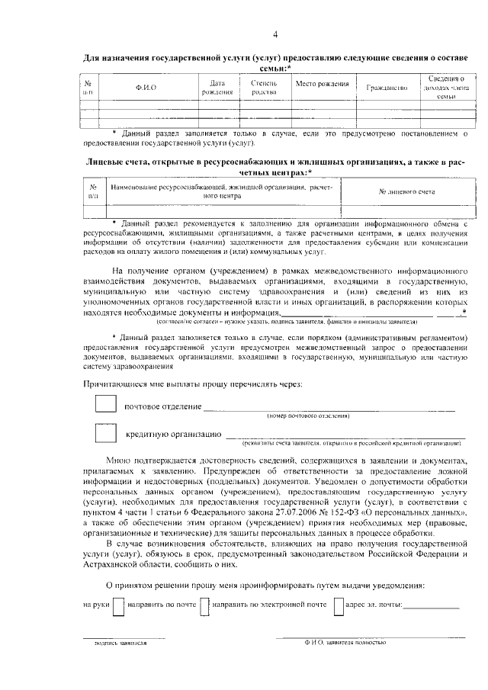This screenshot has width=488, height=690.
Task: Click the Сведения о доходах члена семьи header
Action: (x=446, y=88)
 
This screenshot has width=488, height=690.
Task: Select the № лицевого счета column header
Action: (x=406, y=191)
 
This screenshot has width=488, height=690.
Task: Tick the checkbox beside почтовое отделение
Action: (x=105, y=404)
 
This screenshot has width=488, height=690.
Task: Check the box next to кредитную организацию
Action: (x=105, y=434)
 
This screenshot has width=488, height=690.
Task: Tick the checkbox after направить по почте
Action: (x=204, y=607)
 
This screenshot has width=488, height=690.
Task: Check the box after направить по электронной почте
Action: (x=339, y=607)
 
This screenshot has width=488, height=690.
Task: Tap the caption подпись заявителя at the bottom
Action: (x=116, y=643)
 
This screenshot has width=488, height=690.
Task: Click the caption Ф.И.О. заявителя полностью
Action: (x=345, y=643)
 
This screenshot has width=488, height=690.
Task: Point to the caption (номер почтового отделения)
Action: (x=308, y=416)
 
